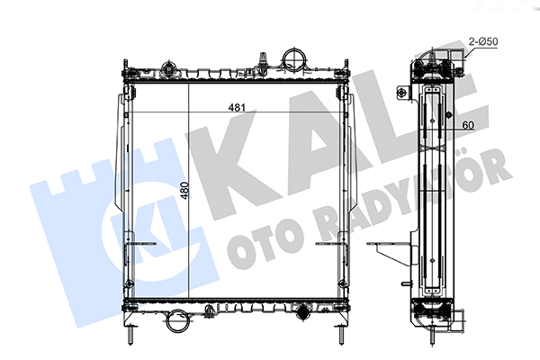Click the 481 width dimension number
pyautogui.click(x=237, y=107)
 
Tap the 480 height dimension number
pyautogui.click(x=184, y=191)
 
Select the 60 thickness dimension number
pyautogui.click(x=468, y=125)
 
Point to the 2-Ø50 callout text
pyautogui.click(x=483, y=41)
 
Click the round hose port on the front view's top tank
pyautogui.click(x=294, y=59)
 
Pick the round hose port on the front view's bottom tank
pyautogui.click(x=176, y=319)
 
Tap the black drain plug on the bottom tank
pyautogui.click(x=302, y=311)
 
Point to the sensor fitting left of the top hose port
pyautogui.click(x=264, y=63)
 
